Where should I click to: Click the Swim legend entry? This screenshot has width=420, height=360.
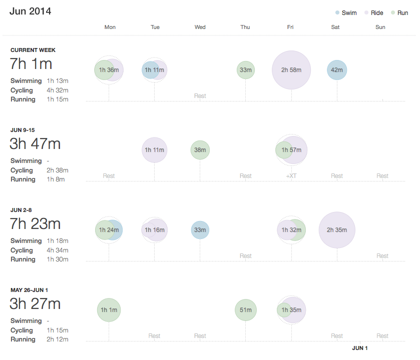346,12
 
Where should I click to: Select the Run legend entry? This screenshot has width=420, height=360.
399,12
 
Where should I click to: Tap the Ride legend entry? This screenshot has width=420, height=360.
373,12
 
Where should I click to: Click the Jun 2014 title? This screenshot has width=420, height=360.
30,11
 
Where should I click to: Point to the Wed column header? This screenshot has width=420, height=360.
200,27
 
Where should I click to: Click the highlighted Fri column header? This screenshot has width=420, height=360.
290,27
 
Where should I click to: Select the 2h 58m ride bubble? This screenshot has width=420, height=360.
291,70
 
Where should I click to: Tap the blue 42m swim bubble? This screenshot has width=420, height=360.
337,70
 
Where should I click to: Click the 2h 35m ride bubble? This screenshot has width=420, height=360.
337,230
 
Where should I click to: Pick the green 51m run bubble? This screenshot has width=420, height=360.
246,310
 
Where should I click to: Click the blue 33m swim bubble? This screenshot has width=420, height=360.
200,230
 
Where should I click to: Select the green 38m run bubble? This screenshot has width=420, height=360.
200,150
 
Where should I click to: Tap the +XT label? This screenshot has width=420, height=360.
291,176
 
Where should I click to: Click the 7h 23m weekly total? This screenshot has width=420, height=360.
35,224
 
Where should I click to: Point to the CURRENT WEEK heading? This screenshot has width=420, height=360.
33,50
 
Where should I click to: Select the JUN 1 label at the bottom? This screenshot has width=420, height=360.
359,348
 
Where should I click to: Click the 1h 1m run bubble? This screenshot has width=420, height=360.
109,310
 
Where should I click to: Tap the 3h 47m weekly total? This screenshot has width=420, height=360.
35,144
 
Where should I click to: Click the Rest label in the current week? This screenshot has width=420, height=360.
200,96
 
